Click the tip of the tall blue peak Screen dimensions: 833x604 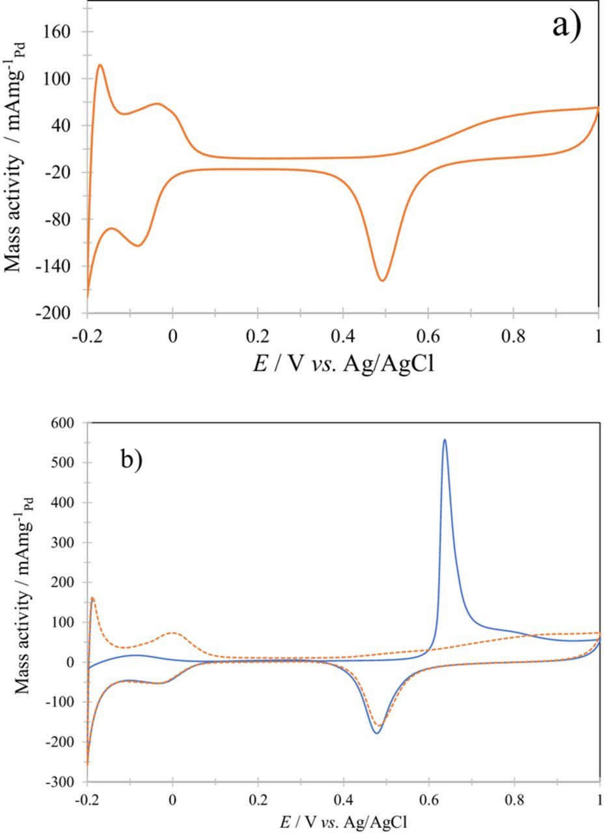click(x=445, y=439)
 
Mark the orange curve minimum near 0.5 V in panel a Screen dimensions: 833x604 click(x=383, y=280)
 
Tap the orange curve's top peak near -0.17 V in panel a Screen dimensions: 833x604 click(x=100, y=64)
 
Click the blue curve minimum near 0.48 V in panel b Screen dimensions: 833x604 click(x=376, y=733)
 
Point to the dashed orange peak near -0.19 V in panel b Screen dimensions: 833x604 click(x=92, y=597)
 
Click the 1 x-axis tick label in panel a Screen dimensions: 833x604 click(x=598, y=338)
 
